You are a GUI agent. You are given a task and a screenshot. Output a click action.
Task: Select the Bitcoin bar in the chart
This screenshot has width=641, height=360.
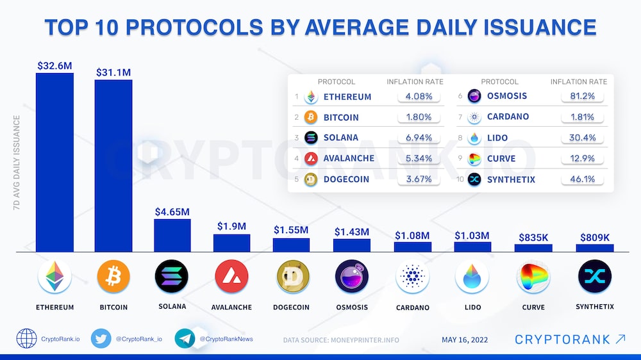pyautogui.click(x=113, y=166)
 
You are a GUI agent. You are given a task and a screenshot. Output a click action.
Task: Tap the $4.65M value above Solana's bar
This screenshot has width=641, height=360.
pyautogui.click(x=172, y=211)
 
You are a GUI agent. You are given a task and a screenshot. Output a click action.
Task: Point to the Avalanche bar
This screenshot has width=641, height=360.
pyautogui.click(x=231, y=243)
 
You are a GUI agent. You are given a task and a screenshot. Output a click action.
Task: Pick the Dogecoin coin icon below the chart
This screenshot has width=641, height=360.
pyautogui.click(x=292, y=277)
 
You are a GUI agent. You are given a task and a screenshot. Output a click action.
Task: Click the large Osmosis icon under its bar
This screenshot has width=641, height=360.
pyautogui.click(x=352, y=277)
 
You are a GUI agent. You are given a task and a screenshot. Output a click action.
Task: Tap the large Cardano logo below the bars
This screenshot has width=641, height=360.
pyautogui.click(x=412, y=277)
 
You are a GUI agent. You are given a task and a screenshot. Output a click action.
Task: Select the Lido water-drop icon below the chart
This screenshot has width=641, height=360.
pyautogui.click(x=472, y=277)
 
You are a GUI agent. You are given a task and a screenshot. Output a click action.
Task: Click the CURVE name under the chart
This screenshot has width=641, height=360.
pyautogui.click(x=533, y=307)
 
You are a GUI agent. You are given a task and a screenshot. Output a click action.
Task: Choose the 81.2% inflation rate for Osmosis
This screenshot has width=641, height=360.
pyautogui.click(x=582, y=96)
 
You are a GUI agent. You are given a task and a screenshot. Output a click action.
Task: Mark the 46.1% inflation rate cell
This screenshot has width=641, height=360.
pyautogui.click(x=582, y=179)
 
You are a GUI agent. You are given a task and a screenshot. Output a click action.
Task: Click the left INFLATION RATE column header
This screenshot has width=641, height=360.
pyautogui.click(x=415, y=82)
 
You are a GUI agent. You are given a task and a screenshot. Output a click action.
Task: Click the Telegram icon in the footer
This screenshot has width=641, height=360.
pyautogui.click(x=185, y=338)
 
